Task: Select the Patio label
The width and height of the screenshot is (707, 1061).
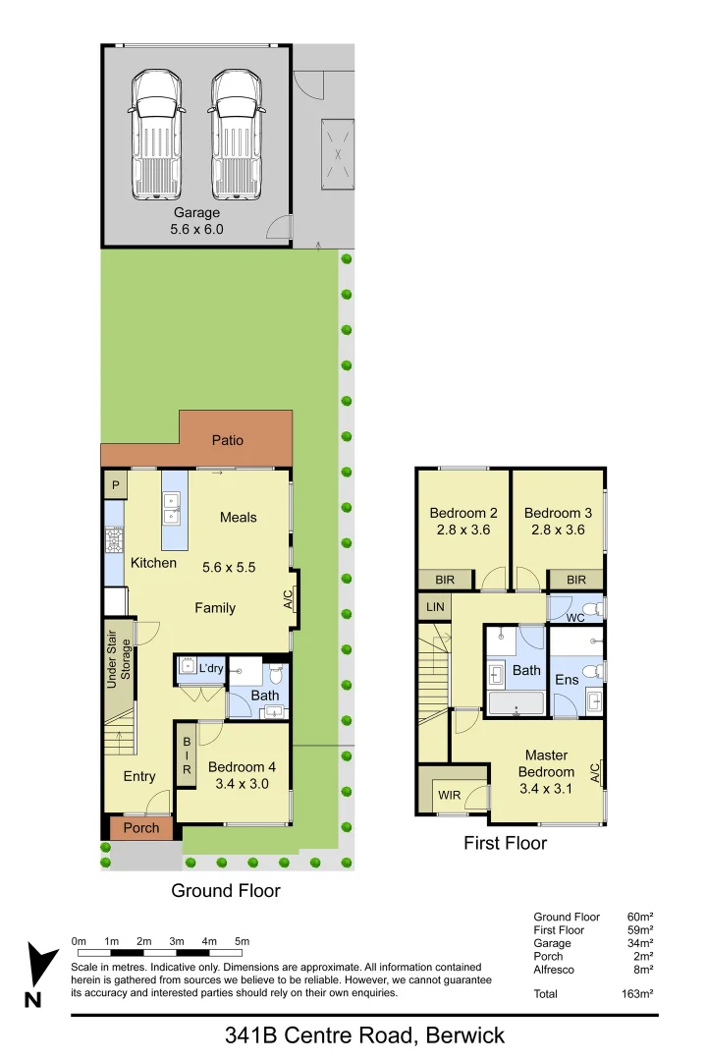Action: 227,440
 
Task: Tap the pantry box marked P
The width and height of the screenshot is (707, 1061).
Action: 115,485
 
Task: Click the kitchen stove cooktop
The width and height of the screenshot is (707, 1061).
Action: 113,541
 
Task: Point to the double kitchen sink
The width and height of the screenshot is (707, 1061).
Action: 174,509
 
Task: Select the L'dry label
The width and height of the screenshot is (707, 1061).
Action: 211,669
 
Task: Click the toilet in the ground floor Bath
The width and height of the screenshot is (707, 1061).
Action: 276,676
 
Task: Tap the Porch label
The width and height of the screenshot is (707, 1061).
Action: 140,828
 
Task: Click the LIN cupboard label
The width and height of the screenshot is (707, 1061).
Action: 435,608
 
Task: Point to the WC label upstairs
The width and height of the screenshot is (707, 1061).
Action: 574,618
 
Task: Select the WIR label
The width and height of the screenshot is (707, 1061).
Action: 450,795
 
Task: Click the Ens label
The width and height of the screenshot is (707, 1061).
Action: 567,680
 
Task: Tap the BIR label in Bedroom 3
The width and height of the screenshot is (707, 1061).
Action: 575,581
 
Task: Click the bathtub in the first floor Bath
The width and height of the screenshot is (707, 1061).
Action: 516,703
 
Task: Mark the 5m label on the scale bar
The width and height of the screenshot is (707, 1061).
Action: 243,941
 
